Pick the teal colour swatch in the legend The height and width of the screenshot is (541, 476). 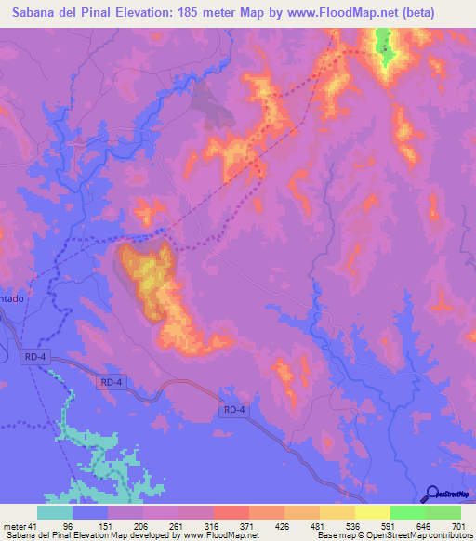[55, 513]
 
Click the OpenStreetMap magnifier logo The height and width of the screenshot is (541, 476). [431, 493]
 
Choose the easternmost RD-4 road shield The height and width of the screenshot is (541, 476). [233, 409]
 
